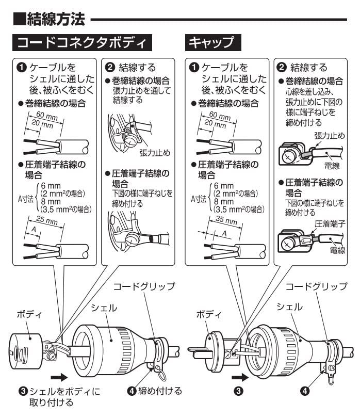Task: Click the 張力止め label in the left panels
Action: coord(155,154)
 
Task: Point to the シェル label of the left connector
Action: coord(104,308)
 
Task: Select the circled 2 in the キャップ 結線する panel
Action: coord(282,67)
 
